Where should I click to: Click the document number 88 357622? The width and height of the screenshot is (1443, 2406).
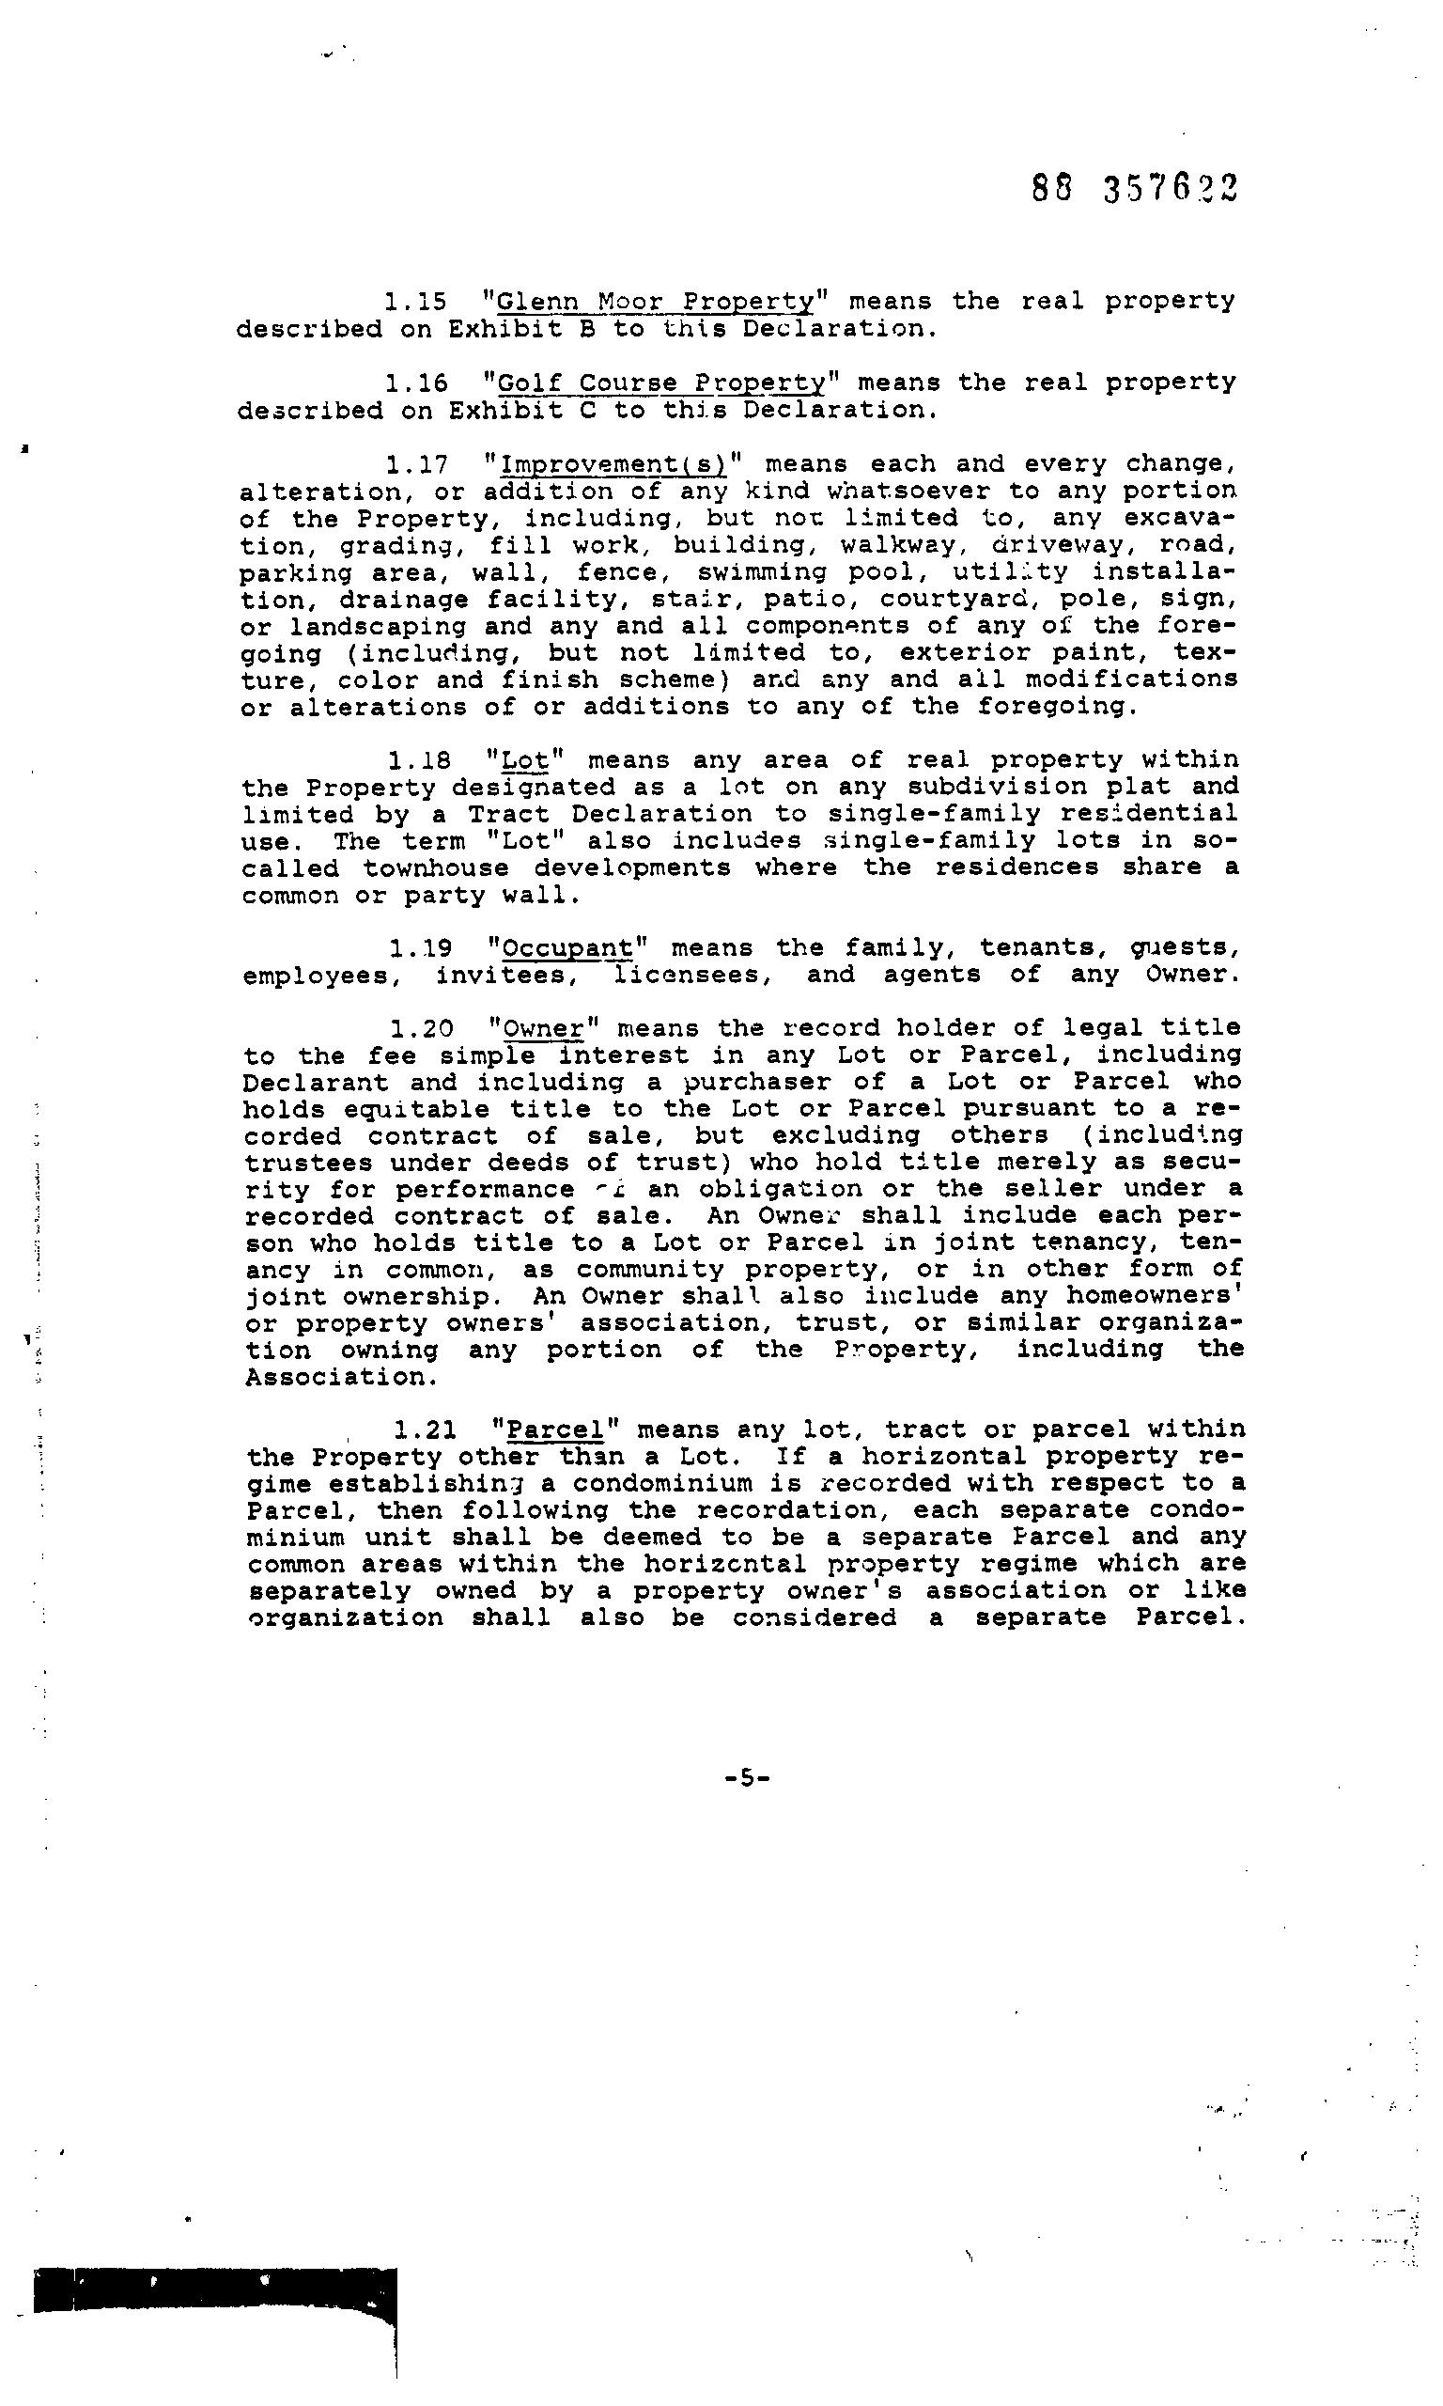tap(1134, 189)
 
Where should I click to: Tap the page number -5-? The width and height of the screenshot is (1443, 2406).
tap(747, 1778)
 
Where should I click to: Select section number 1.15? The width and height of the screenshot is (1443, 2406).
tap(415, 303)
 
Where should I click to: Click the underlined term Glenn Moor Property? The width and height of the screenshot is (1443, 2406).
tap(655, 303)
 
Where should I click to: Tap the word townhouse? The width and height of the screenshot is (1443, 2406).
tap(437, 867)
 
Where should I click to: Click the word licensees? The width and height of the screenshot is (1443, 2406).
tap(692, 975)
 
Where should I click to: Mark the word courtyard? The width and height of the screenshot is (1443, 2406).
tap(951, 599)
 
